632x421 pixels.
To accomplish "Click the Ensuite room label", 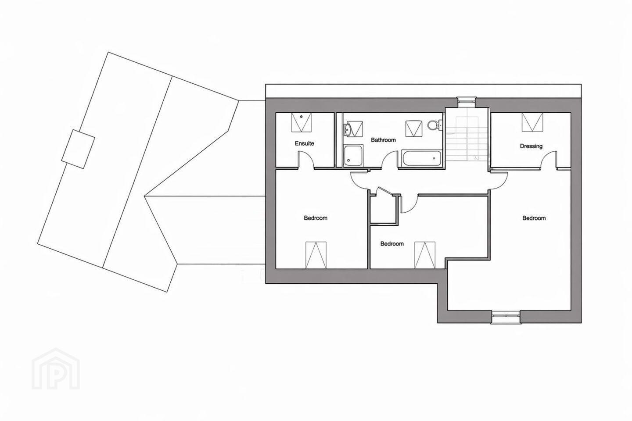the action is pos(305,143).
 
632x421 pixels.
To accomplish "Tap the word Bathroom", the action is pos(383,140).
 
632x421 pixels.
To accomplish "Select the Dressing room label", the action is pos(531,146).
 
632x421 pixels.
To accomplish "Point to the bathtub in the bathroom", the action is pos(421,158).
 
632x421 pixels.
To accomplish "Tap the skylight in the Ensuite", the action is pos(302,122).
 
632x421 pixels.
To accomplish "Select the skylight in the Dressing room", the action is pos(532,122).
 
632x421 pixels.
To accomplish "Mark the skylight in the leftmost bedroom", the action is pos(316,255).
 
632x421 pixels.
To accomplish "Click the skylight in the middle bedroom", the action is pos(425,255).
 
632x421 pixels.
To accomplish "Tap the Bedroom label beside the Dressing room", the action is pos(534,218).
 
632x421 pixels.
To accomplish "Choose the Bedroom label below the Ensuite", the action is pos(316,218).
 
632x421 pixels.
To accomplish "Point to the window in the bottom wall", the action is pos(506,317).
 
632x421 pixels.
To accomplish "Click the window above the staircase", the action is pos(467,102).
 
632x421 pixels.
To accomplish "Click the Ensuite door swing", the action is pos(306,160).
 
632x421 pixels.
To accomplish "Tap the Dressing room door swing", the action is pos(549,160).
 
